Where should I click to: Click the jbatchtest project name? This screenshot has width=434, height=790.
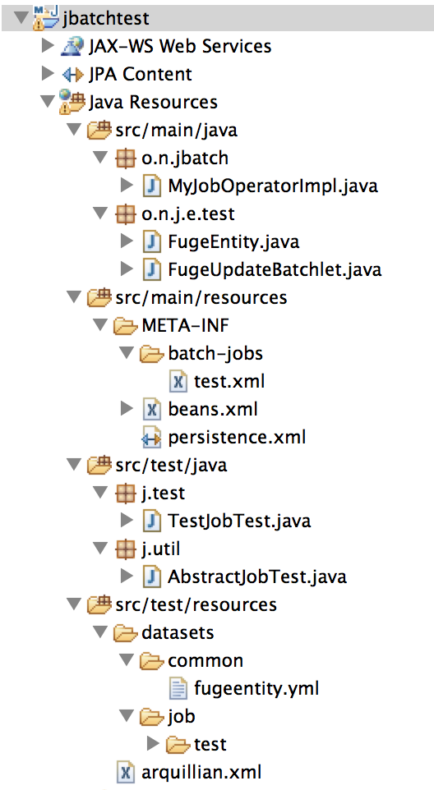[106, 19]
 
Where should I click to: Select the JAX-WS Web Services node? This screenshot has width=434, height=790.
[180, 46]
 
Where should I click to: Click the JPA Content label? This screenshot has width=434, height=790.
[140, 74]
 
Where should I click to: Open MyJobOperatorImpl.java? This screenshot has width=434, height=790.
[273, 186]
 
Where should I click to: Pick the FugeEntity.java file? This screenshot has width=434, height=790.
[233, 241]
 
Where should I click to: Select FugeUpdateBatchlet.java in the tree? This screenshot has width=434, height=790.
[275, 269]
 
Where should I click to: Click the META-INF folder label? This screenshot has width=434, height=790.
[185, 325]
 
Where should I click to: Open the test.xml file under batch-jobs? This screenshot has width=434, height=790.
[229, 381]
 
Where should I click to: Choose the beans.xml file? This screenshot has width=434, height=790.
[213, 409]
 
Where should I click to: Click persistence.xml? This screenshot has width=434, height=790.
[237, 438]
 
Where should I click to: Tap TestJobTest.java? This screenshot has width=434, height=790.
[239, 521]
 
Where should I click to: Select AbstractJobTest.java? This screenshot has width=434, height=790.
[257, 576]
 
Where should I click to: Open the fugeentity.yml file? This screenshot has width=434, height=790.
[256, 689]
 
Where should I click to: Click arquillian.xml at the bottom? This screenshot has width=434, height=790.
[201, 773]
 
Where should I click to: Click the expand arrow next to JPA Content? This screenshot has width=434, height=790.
[48, 74]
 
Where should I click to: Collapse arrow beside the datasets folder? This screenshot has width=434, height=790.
[101, 632]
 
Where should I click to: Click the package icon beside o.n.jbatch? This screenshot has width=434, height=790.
[126, 158]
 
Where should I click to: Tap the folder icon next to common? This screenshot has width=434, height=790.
[152, 660]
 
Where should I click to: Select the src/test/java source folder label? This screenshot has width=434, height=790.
[171, 465]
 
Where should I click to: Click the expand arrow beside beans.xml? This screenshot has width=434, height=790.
[127, 409]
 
